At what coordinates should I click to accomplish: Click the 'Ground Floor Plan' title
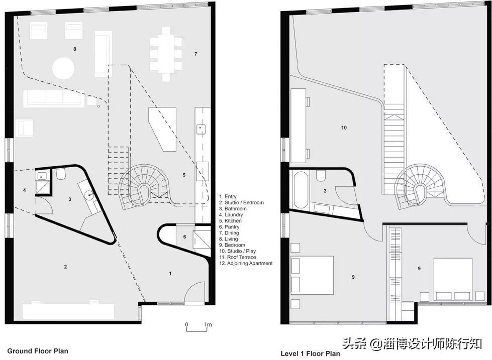[38, 351]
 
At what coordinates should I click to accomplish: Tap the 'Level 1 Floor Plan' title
[310, 353]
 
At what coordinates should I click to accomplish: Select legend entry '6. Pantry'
[229, 227]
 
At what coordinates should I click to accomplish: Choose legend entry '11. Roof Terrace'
[238, 257]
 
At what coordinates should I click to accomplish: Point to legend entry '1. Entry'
[228, 196]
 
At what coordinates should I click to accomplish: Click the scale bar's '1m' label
[208, 324]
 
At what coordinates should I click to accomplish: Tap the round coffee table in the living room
[63, 68]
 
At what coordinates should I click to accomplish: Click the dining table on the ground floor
[166, 54]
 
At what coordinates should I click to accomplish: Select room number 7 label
[196, 54]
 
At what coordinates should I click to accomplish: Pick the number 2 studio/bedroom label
[65, 267]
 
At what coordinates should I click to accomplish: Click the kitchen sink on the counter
[201, 129]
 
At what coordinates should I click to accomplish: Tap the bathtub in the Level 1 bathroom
[301, 190]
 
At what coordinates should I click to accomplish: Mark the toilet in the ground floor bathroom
[61, 174]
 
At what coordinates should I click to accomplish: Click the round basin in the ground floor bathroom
[90, 195]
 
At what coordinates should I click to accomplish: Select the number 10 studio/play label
[344, 128]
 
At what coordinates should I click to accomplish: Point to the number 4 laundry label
[25, 190]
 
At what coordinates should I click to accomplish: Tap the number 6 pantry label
[184, 237]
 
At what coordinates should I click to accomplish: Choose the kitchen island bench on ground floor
[162, 129]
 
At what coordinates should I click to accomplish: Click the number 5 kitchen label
[184, 175]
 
